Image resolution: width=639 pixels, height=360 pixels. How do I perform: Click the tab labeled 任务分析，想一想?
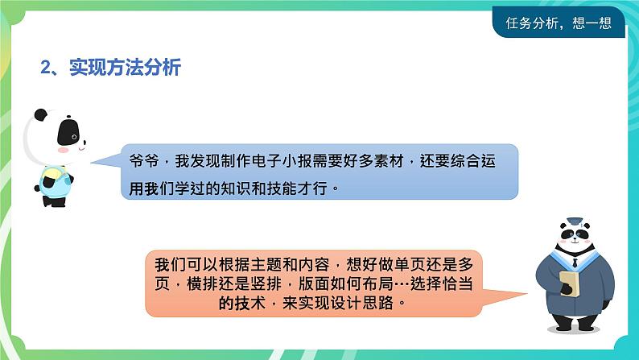click(559, 23)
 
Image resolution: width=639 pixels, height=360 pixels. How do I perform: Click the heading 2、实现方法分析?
click(111, 68)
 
